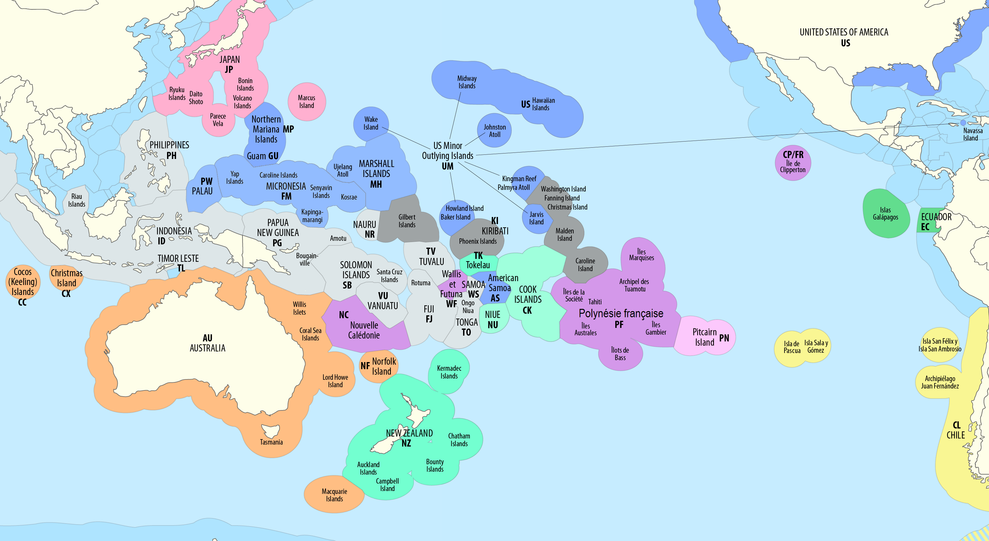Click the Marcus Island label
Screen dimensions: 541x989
[306, 102]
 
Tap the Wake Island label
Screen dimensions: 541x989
[371, 123]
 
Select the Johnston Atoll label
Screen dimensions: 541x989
[495, 131]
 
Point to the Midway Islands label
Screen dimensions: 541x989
[467, 82]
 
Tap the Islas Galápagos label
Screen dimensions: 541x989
[885, 213]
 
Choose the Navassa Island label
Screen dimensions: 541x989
[973, 134]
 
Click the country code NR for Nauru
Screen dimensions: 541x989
[370, 235]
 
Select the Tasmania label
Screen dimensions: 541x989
[271, 442]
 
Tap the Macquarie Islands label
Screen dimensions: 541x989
[334, 495]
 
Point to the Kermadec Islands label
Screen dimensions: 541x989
[449, 372]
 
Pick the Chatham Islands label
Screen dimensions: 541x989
[459, 440]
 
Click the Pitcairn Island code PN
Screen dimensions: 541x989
[724, 338]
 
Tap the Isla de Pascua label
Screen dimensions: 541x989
[792, 347]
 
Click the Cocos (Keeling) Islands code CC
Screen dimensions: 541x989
[22, 302]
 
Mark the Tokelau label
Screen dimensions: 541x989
[478, 265]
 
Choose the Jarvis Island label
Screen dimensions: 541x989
[536, 218]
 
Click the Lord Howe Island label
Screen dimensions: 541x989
[335, 381]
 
